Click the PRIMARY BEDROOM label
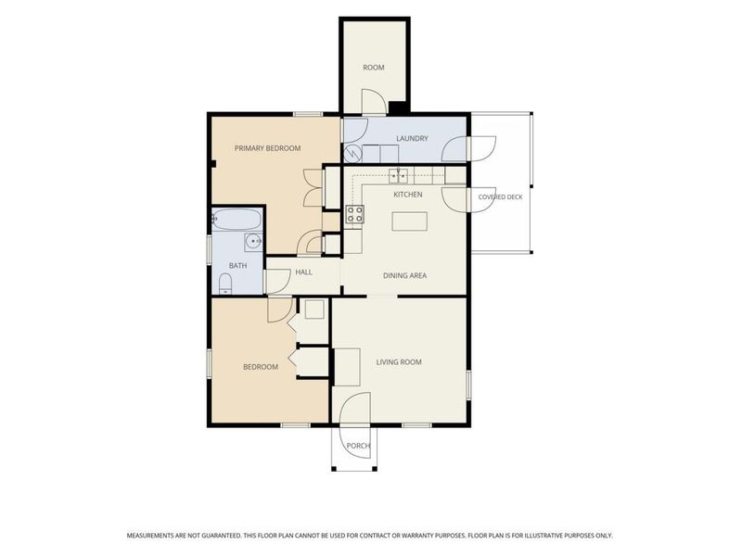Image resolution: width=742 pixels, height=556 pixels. pos(267,148)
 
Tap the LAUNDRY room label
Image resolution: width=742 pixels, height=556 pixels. pos(412,138)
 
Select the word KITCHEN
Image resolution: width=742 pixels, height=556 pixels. pos(408,195)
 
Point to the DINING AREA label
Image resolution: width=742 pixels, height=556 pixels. pos(404,275)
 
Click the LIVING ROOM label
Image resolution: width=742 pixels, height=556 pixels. pos(399,362)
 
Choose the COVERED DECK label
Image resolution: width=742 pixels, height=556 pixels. pos(500,197)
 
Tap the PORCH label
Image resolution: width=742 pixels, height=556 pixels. pos(358,446)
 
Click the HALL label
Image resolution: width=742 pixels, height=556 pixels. pos(304,272)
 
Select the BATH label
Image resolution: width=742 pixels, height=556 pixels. pos(237,266)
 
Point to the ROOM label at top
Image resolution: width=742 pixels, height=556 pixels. pos(374,68)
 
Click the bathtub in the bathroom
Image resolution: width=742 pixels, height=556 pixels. pos(237,220)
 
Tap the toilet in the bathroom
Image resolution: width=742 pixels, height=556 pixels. pos(225,284)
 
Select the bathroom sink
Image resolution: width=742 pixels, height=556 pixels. pos(253,242)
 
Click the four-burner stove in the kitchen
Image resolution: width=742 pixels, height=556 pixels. pos(355,214)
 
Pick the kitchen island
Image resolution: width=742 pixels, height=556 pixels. pos(409,221)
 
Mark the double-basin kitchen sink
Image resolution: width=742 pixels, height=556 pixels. pos(399,176)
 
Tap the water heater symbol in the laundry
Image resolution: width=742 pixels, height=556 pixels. pos(352,153)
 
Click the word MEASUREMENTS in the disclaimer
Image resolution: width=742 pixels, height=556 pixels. pos(149,536)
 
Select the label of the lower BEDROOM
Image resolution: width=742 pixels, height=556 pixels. pos(261,367)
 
